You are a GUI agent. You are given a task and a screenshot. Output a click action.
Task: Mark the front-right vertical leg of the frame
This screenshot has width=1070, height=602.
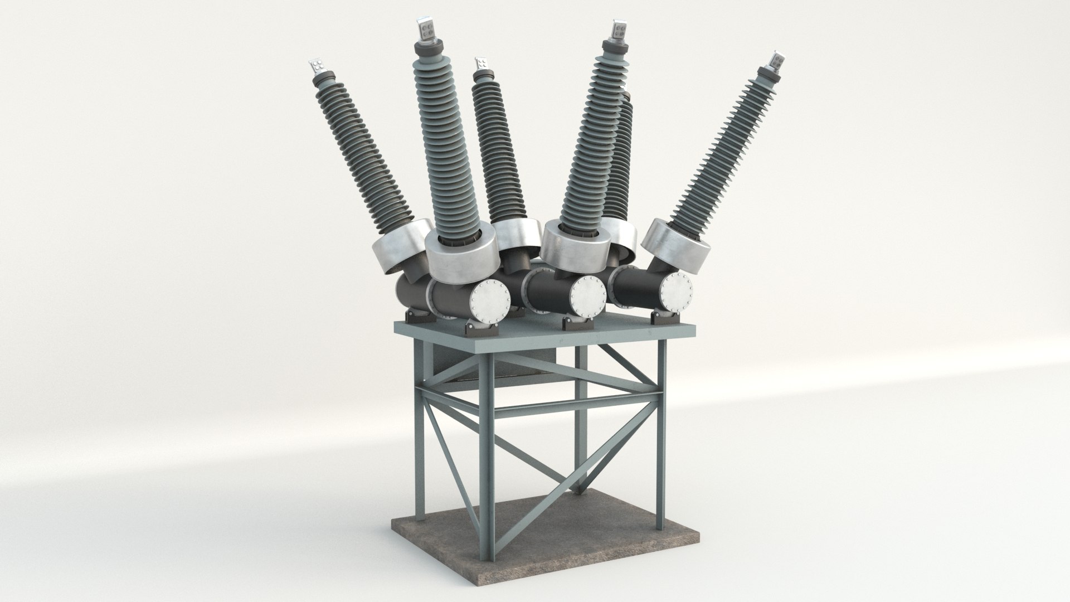tap(661, 424)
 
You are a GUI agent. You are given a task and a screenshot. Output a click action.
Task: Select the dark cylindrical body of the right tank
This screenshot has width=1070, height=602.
tap(635, 287)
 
